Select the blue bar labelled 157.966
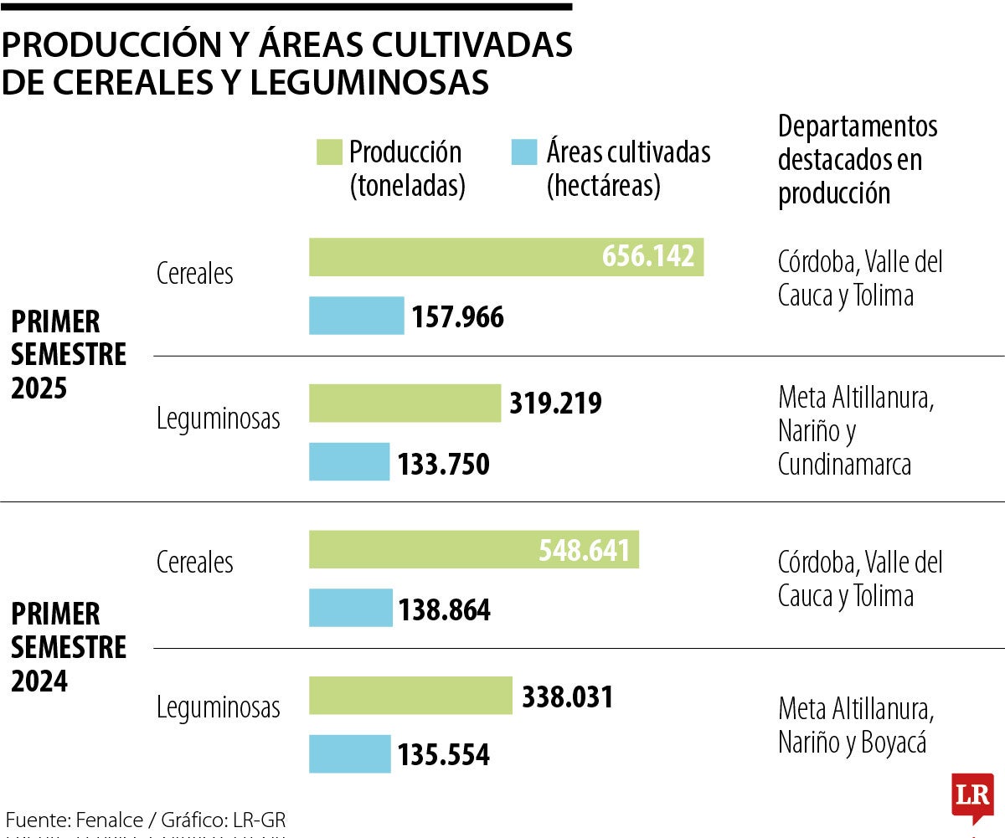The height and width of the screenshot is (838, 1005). click(356, 316)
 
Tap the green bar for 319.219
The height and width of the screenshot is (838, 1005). click(405, 404)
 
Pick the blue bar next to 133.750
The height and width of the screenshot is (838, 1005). click(349, 462)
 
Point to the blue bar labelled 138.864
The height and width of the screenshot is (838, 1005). click(350, 608)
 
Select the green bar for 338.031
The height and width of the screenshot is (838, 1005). click(410, 696)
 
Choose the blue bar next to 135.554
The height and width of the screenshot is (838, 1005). click(349, 753)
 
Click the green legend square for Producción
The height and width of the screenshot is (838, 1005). click(329, 152)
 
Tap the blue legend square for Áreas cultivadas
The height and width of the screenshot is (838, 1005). click(523, 152)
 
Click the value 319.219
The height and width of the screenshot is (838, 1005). click(555, 404)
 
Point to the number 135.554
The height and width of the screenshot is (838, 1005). click(443, 754)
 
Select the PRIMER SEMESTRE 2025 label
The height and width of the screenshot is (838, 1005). click(69, 354)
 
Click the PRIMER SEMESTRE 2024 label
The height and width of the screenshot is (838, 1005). click(69, 647)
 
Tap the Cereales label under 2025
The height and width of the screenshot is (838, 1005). click(195, 274)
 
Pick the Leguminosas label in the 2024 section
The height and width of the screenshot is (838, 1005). click(219, 707)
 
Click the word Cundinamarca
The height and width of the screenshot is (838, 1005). click(844, 465)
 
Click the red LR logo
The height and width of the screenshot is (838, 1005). click(972, 795)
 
